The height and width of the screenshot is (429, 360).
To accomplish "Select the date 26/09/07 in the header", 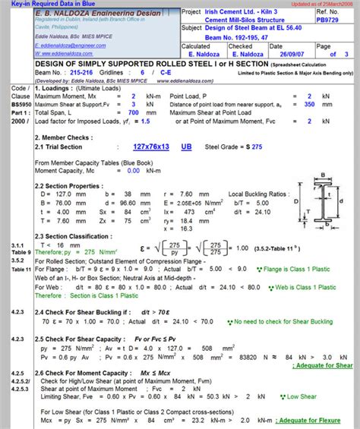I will [x=292, y=53].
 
